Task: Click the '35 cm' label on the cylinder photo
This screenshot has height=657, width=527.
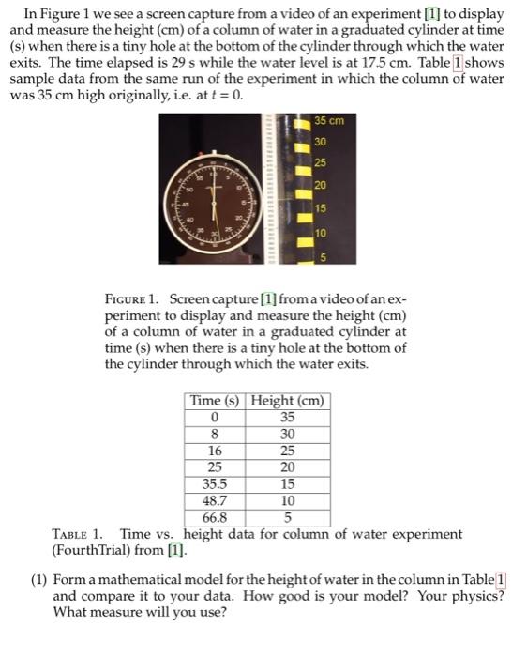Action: point(329,120)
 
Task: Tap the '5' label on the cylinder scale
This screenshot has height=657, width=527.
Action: point(321,254)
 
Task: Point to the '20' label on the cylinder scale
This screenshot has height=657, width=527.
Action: point(321,184)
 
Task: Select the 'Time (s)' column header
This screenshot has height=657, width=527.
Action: point(215,401)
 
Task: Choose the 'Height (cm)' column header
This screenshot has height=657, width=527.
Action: point(287,401)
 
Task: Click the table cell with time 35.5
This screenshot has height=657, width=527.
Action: point(215,484)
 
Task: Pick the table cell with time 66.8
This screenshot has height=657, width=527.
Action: point(215,517)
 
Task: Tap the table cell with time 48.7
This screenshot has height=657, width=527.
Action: point(215,501)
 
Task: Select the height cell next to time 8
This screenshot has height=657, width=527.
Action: point(287,435)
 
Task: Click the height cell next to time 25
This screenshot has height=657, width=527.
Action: point(287,467)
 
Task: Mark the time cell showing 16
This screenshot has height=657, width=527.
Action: point(215,451)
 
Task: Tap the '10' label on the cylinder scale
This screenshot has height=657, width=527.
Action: point(321,231)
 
